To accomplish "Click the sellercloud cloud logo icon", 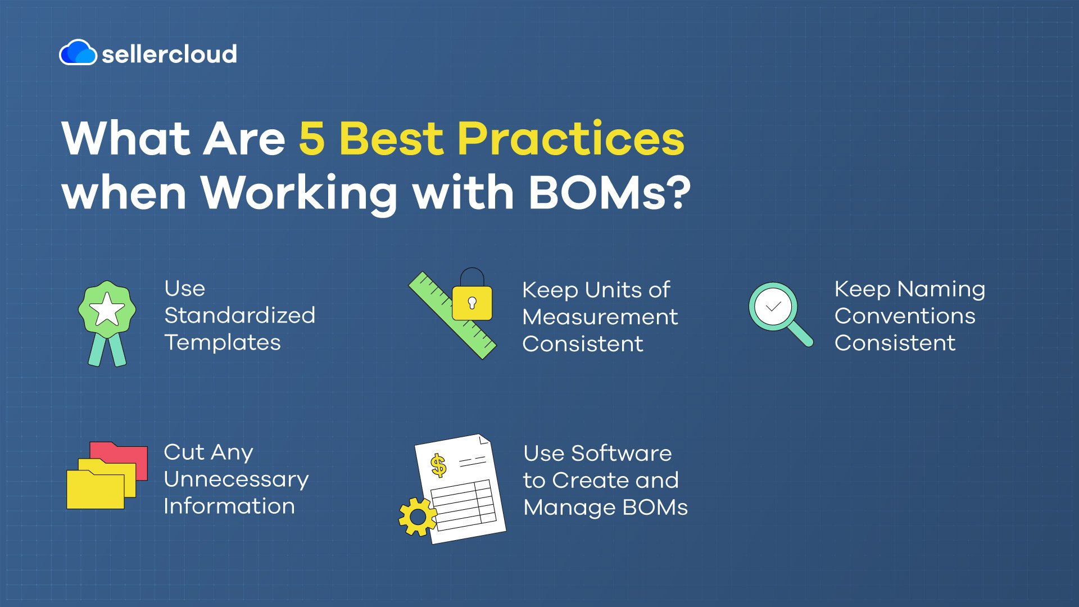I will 78,53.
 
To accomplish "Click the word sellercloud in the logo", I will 169,54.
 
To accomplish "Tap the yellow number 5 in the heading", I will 311,139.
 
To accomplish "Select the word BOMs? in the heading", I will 609,193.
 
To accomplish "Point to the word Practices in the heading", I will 570,139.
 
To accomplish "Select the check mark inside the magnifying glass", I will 773,307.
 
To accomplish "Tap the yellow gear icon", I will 417,516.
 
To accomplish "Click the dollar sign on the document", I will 438,465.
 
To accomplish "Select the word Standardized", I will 239,315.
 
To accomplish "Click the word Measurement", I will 600,317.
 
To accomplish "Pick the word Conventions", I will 905,316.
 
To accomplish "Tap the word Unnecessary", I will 236,479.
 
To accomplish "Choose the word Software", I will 621,453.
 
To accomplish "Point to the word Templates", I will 223,342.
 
